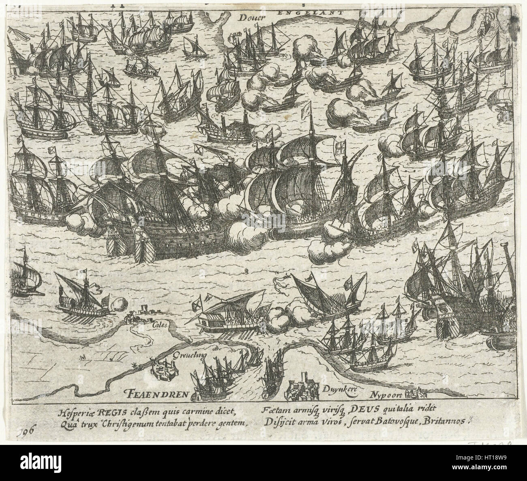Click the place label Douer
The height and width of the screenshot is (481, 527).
pos(251,17)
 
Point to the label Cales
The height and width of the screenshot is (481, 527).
pos(160,325)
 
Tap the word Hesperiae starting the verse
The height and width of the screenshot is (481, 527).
pos(75,413)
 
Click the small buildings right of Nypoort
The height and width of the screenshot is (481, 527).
pos(418,393)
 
